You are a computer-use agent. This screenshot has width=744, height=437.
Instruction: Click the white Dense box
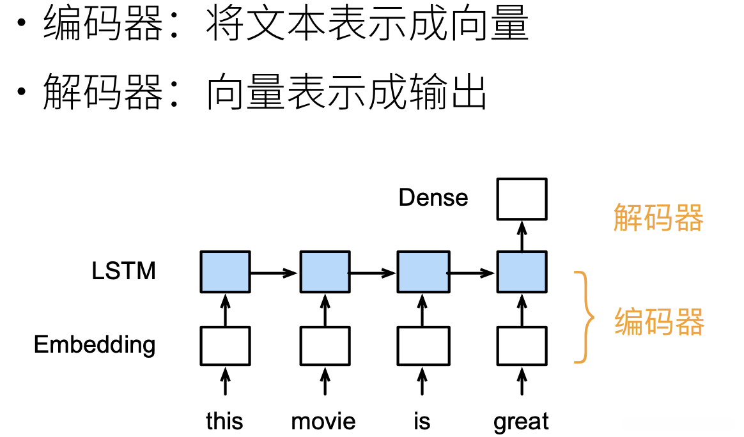[x=522, y=199]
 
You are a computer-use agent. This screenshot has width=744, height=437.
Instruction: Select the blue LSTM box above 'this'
[x=225, y=272]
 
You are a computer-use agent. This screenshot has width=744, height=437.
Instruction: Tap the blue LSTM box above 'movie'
[x=325, y=272]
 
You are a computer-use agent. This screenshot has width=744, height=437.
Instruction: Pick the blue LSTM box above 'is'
[x=422, y=272]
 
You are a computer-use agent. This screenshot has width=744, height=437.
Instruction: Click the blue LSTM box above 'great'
[x=522, y=272]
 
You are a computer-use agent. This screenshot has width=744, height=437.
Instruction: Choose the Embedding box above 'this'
[x=225, y=346]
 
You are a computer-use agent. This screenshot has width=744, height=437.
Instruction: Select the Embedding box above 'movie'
[x=325, y=346]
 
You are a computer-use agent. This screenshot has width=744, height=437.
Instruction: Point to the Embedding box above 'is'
[x=422, y=346]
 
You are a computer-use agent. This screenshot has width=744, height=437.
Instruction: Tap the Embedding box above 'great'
[x=522, y=346]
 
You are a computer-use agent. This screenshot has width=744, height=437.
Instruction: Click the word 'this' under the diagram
[x=224, y=422]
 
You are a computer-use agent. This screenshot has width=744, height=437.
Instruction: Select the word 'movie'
[x=323, y=422]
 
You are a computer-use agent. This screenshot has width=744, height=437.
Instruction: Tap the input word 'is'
[x=422, y=422]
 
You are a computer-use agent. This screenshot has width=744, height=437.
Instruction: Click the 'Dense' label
[x=433, y=198]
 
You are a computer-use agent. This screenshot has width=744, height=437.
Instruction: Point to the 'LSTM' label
[x=123, y=272]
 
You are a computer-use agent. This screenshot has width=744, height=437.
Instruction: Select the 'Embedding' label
[x=95, y=345]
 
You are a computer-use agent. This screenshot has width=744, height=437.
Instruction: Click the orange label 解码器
[x=658, y=218]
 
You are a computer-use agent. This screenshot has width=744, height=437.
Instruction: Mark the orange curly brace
[x=584, y=317]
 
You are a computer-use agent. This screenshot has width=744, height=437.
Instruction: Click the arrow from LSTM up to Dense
[x=522, y=236]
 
